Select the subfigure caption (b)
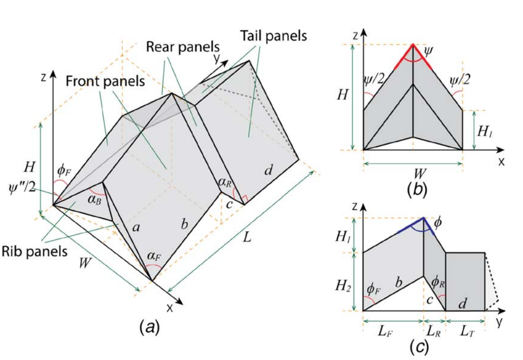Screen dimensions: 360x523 click(x=417, y=189)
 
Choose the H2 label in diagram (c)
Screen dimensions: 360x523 click(x=349, y=282)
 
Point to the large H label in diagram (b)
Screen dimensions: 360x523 click(x=343, y=94)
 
